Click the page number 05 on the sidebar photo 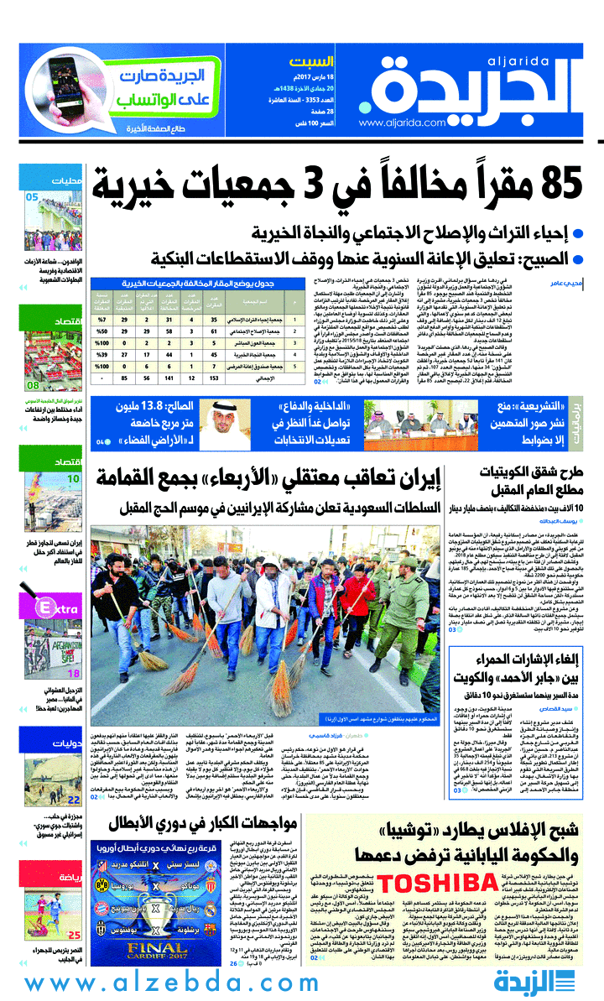pyautogui.click(x=32, y=197)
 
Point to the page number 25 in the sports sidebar pyautogui.click(x=74, y=935)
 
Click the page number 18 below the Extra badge pyautogui.click(x=74, y=673)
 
